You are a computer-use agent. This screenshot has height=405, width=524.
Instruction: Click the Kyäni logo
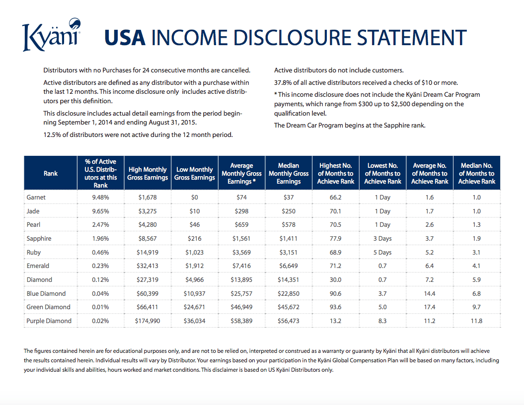[52, 35]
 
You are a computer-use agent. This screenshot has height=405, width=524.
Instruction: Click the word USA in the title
[125, 37]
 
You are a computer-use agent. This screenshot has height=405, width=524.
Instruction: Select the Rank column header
[51, 173]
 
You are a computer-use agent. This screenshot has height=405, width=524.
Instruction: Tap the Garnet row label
[36, 198]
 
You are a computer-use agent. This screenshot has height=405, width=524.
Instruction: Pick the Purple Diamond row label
[49, 321]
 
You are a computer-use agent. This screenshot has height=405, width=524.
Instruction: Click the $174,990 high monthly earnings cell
[148, 321]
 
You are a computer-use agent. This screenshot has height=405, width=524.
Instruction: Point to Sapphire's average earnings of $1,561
[241, 238]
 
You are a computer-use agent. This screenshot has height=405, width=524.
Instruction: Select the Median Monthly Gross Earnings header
[289, 173]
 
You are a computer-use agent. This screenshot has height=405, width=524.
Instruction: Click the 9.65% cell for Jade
[101, 211]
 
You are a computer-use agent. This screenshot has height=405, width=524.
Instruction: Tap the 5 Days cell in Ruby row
[382, 253]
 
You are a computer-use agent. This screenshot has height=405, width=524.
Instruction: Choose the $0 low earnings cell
[195, 198]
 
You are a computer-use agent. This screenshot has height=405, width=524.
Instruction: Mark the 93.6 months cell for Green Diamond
[336, 307]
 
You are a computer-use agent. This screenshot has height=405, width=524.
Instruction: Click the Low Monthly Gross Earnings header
[195, 173]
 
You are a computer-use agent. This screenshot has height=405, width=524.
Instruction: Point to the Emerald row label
[38, 266]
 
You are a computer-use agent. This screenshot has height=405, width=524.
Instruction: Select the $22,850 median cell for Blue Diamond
[289, 293]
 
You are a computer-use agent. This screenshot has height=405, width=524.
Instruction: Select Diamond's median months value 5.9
[476, 279]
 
